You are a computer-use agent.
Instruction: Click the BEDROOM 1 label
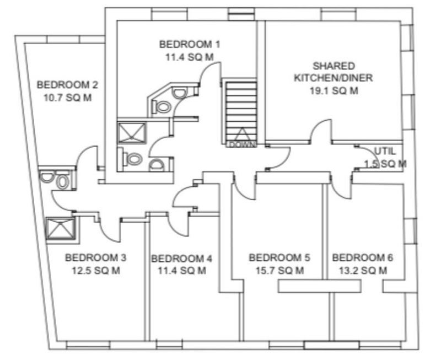(x=190, y=45)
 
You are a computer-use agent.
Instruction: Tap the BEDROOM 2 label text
(x=67, y=85)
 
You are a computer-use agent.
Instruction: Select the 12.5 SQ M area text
(x=96, y=271)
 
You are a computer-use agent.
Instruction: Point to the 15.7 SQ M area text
(x=279, y=271)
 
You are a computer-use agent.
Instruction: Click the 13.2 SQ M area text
(x=363, y=271)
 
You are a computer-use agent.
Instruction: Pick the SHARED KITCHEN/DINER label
(x=334, y=72)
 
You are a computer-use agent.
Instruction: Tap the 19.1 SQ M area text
(x=334, y=90)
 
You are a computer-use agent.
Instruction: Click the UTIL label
(x=385, y=151)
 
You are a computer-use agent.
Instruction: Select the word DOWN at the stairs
(x=242, y=144)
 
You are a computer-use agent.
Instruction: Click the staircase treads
(x=241, y=111)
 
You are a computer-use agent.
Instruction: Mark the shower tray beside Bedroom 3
(x=61, y=228)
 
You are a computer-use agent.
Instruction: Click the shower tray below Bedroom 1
(x=132, y=133)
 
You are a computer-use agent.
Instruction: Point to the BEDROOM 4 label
(x=182, y=259)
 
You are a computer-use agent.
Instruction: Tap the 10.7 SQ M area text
(x=67, y=98)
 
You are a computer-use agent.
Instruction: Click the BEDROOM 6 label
(x=363, y=257)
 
